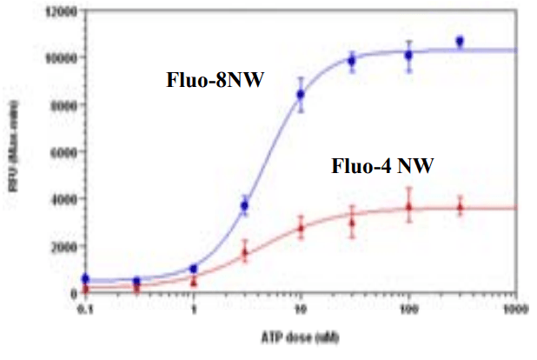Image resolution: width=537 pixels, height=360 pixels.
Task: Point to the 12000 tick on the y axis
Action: click(63, 11)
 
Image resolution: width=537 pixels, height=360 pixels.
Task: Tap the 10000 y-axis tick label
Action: click(63, 58)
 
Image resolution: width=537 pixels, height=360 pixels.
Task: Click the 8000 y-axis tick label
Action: click(65, 105)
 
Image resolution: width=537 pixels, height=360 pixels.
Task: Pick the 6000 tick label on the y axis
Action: click(65, 152)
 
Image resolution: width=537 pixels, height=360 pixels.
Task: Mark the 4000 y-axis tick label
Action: click(65, 199)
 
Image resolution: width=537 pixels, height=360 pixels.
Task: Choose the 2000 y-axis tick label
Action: click(65, 246)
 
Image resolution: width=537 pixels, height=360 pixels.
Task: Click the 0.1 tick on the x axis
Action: click(85, 308)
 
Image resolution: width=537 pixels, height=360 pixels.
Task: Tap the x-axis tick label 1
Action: click(194, 308)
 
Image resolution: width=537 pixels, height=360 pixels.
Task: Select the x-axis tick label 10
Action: click(301, 308)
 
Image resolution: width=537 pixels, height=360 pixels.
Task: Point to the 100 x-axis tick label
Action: click(408, 308)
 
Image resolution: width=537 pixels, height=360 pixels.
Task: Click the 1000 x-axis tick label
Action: click(515, 308)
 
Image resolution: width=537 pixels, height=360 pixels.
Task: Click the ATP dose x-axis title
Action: click(301, 336)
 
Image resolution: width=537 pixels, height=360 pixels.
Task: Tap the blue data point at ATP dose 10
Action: click(301, 94)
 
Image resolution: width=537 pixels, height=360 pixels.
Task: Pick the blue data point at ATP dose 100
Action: click(408, 55)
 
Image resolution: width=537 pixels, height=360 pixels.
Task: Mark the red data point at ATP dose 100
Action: click(408, 207)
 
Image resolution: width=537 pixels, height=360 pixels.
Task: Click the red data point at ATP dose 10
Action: click(301, 228)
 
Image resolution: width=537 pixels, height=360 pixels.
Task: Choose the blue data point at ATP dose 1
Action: click(194, 269)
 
